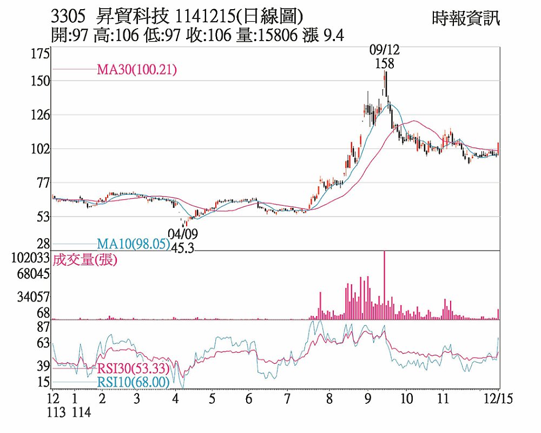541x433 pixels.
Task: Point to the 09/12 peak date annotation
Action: pyautogui.click(x=385, y=50)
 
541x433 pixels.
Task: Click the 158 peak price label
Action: pyautogui.click(x=385, y=63)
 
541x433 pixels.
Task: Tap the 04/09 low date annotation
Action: pyautogui.click(x=183, y=234)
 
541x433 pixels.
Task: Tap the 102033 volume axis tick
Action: pyautogui.click(x=34, y=258)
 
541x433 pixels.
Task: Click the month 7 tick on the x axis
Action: pyautogui.click(x=287, y=399)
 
